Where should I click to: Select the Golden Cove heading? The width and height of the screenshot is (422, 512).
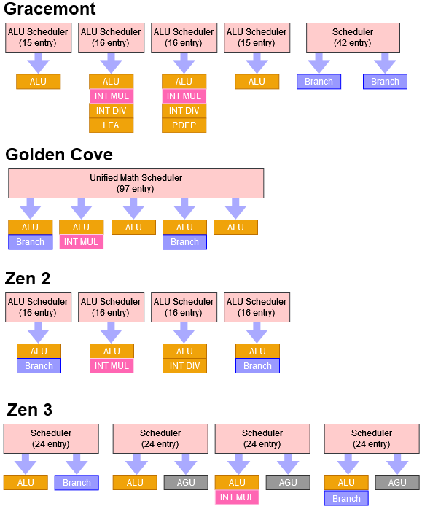coord(59,154)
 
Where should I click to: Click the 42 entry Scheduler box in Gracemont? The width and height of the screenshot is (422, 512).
coord(352,37)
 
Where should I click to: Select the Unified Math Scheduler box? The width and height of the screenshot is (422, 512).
coord(136,183)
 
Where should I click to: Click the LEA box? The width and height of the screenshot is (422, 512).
coord(111,125)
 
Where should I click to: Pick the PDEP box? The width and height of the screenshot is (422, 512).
coord(184,125)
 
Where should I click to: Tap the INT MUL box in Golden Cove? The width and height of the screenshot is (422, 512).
coord(81,242)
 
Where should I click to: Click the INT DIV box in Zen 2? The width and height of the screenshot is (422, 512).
coord(184,366)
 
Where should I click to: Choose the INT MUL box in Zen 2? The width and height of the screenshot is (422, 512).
coord(112,366)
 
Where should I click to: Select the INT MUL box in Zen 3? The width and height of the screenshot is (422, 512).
coord(237,497)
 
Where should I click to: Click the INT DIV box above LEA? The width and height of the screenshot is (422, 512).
coord(111,111)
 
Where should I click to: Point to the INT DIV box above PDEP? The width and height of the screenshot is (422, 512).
coord(184,111)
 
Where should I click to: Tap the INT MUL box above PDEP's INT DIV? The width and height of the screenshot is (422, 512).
coord(184,96)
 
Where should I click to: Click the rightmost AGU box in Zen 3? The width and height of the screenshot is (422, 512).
coord(397,483)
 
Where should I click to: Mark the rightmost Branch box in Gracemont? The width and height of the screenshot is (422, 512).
coord(385,82)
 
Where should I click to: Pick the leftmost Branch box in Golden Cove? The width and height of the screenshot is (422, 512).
coord(30,242)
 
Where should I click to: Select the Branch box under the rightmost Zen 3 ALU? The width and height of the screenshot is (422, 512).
coord(346,499)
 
